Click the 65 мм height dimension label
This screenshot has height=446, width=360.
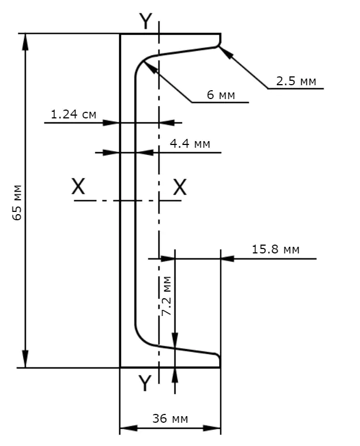pos(17,202)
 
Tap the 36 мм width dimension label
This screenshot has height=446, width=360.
pos(170,418)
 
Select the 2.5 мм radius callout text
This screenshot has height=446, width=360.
pos(296,81)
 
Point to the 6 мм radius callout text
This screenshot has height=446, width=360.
pos(221,95)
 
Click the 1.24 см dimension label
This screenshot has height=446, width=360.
pos(74,115)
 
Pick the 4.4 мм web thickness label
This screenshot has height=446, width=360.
pos(190,143)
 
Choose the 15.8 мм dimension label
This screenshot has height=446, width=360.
pos(275,249)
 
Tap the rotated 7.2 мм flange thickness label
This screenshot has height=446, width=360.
pos(166,296)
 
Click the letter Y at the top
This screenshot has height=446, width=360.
pos(146,21)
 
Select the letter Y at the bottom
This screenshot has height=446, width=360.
pos(145,383)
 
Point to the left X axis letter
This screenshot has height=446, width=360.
pos(78,186)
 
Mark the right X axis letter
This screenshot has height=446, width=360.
pos(180,187)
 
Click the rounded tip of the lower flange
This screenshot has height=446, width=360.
pos(219,357)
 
